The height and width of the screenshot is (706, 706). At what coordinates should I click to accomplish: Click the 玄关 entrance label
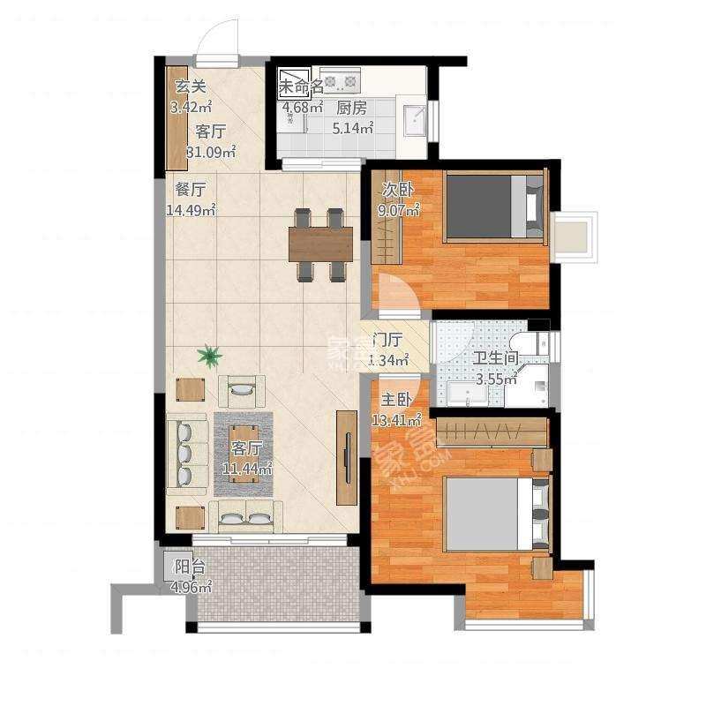(190, 87)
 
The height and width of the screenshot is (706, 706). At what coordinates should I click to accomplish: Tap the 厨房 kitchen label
(352, 109)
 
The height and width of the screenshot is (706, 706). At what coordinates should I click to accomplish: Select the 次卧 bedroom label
(394, 190)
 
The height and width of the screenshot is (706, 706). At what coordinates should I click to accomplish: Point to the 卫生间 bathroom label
(495, 359)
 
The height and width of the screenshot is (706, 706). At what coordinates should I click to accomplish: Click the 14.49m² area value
(190, 210)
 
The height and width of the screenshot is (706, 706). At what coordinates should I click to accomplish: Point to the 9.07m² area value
(398, 211)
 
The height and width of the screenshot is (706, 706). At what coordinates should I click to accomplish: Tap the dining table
(320, 244)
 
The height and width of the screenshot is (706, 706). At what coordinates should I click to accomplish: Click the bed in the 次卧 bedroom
(493, 207)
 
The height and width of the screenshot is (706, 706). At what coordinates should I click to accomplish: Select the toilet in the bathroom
(535, 347)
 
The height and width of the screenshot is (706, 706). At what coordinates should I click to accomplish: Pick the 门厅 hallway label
(388, 339)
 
